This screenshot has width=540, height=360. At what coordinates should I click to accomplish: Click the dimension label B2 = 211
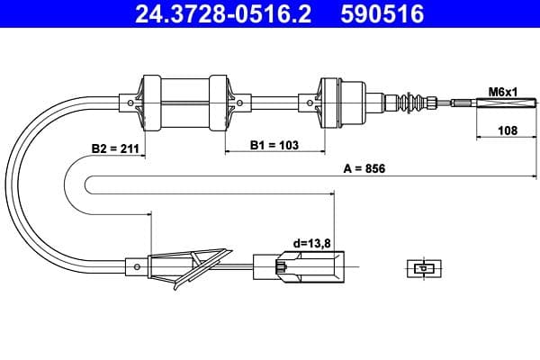(114, 148)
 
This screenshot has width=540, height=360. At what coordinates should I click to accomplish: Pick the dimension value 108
(507, 131)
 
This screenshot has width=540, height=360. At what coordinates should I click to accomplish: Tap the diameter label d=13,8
(310, 243)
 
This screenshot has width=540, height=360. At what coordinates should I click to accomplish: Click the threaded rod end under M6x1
(486, 102)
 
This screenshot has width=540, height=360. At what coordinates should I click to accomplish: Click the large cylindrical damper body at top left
(184, 101)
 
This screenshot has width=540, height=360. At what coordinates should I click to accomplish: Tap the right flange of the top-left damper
(219, 101)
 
